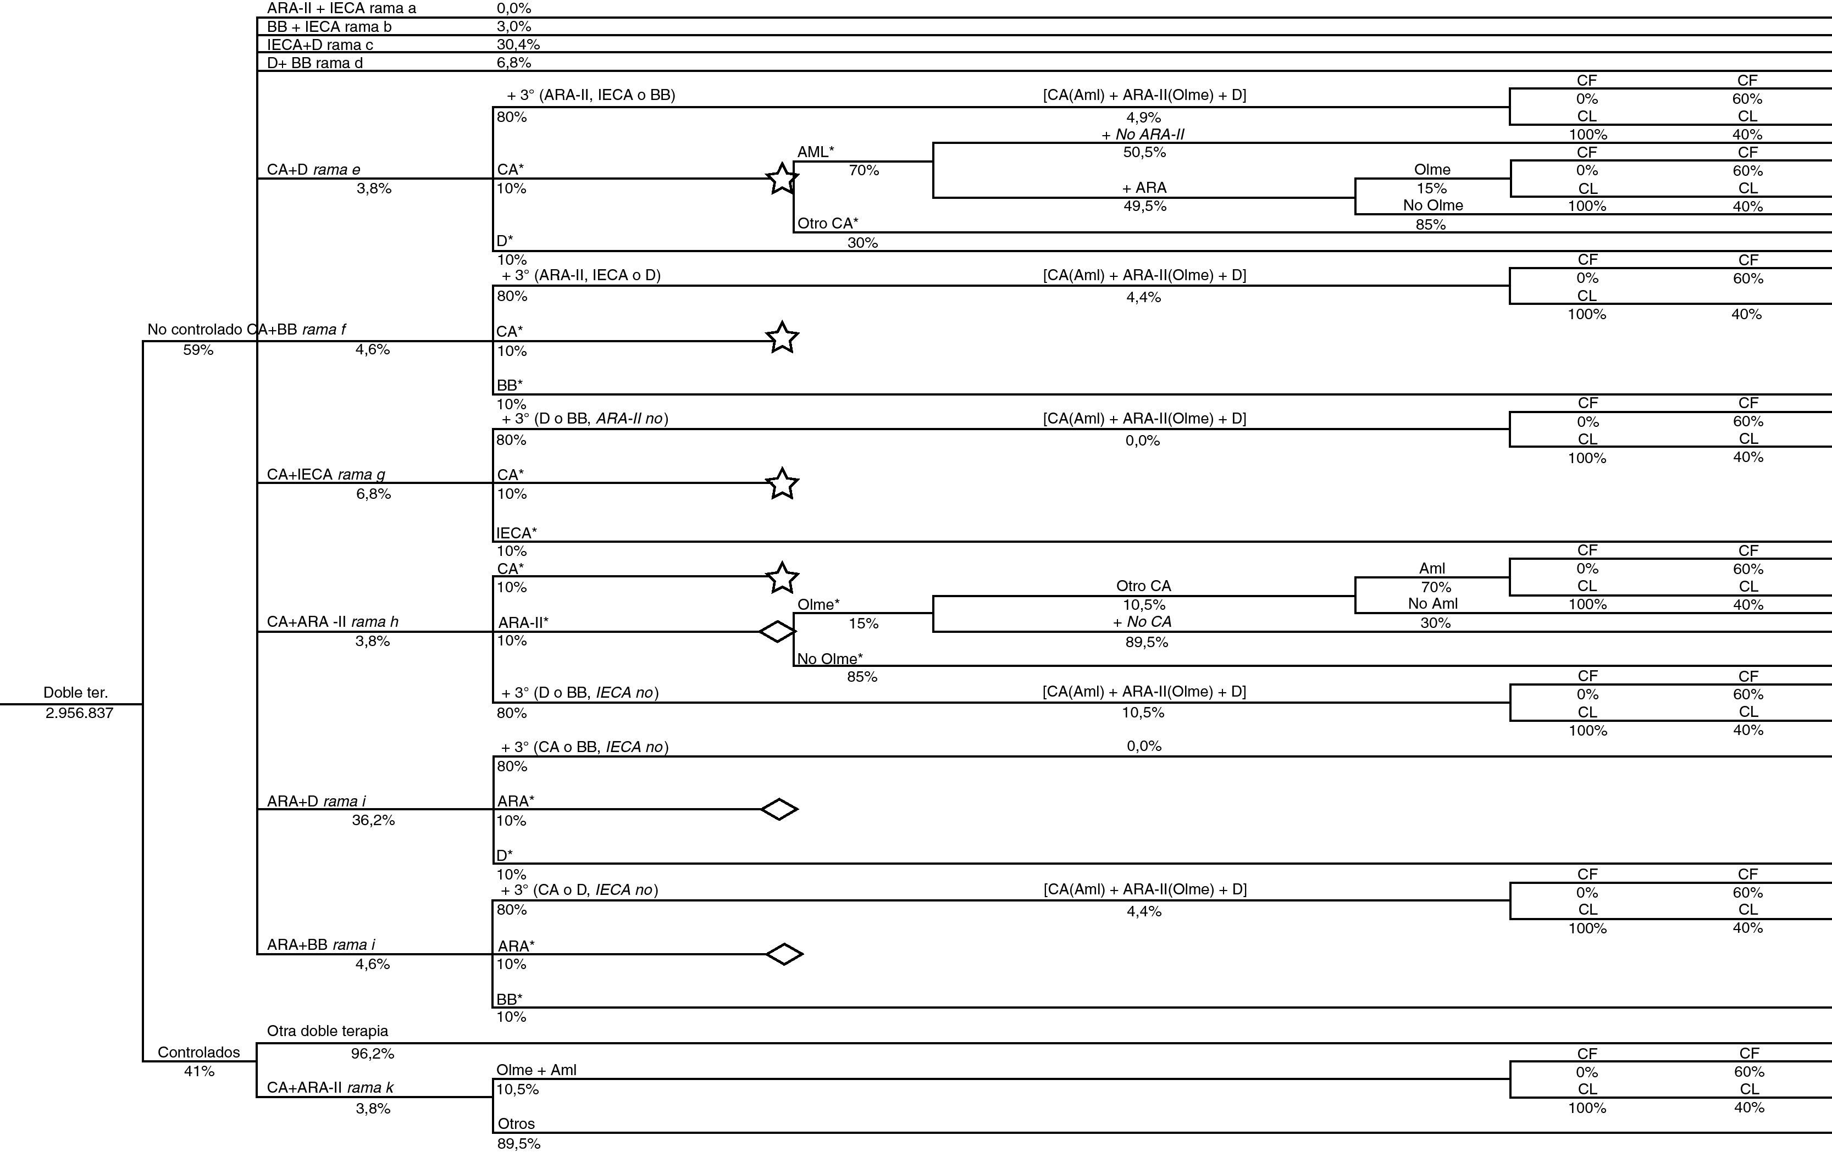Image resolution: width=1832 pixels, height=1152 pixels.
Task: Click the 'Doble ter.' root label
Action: click(75, 693)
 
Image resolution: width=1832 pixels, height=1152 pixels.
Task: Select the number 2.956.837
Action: click(79, 713)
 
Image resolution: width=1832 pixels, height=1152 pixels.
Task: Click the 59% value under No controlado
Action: click(198, 350)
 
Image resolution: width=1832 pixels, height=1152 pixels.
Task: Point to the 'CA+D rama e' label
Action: click(313, 170)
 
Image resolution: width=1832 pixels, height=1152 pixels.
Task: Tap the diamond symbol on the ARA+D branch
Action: click(779, 809)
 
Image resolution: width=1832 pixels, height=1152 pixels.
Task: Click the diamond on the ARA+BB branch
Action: click(784, 954)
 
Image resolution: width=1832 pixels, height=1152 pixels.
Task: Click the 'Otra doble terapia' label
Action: click(327, 1031)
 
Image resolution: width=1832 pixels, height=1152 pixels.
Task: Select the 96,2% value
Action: click(373, 1053)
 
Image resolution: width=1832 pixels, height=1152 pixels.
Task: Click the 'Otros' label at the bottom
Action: click(516, 1123)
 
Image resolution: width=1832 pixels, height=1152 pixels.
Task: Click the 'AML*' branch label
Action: click(816, 151)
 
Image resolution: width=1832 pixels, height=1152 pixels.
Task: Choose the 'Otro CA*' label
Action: click(828, 223)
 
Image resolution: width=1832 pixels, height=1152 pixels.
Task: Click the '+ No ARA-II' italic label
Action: click(1143, 135)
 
